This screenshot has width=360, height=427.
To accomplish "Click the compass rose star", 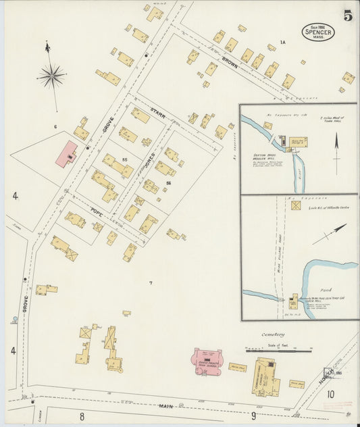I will pos(51,75).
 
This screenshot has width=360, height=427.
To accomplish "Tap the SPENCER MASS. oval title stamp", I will pos(317,32).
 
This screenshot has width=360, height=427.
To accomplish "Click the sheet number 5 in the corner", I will pos(346,16).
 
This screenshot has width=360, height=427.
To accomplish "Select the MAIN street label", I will pos(165,406).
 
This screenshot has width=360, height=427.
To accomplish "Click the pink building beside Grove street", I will pos(66,154).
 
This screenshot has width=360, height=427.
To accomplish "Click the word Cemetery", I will pos(274,334).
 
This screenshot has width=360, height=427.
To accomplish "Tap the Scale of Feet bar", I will pos(278,350).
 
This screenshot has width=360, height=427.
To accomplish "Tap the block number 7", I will pos(151,282).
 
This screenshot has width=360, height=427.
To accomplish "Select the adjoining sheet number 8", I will pos(82,416).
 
